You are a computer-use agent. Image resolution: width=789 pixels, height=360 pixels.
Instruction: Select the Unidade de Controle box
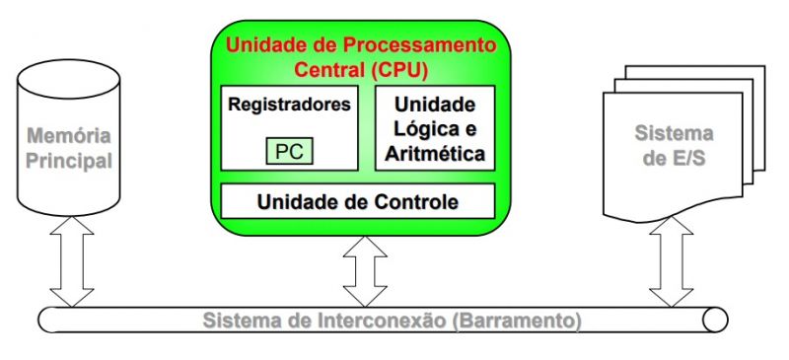357,202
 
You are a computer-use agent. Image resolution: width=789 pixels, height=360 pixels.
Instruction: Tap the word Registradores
289,104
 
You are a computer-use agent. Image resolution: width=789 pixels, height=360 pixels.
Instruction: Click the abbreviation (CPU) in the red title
404,70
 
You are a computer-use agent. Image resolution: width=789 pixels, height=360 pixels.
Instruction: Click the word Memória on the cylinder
67,136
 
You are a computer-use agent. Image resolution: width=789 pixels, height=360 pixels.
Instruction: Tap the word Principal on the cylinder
67,160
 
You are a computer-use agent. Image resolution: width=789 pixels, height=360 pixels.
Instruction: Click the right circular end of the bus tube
717,320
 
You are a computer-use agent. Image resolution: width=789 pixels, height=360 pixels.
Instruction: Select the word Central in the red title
331,70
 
